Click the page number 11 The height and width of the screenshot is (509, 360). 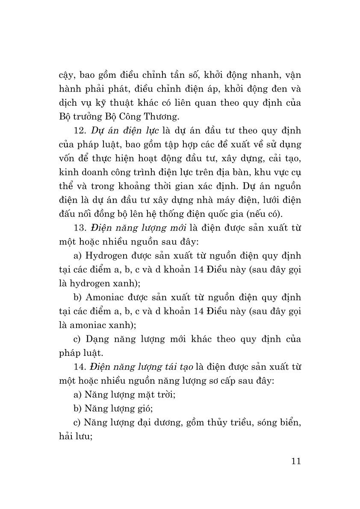(296, 461)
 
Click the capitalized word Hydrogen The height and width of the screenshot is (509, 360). (107, 256)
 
